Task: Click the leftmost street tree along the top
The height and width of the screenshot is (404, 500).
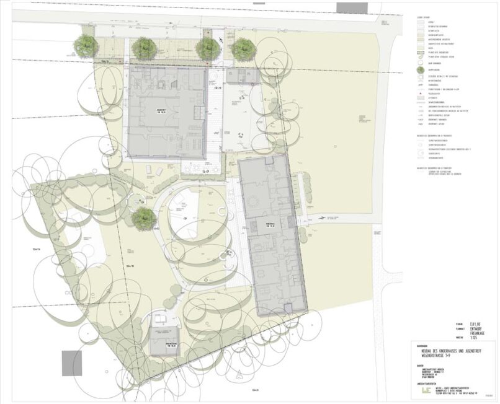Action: tap(86, 45)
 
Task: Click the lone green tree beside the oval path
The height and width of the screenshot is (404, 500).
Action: tap(143, 217)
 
